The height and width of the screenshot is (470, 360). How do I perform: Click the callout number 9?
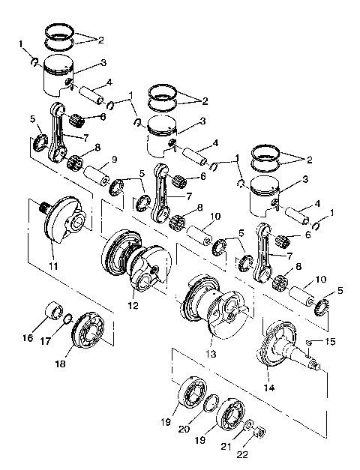pyautogui.click(x=114, y=159)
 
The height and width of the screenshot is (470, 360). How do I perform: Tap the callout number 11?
pyautogui.click(x=53, y=266)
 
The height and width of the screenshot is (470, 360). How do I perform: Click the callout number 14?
pyautogui.click(x=268, y=388)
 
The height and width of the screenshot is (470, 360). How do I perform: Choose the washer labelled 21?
pyautogui.click(x=249, y=425)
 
